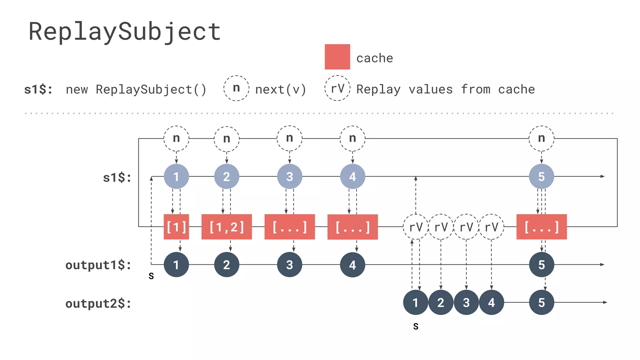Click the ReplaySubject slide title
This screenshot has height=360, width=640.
point(125,32)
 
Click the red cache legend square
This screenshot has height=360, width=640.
point(337,57)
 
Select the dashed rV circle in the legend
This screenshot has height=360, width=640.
point(337,88)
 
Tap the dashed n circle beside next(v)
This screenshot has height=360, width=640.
point(236,88)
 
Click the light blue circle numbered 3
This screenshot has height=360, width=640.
point(289,177)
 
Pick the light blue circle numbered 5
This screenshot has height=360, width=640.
point(541,177)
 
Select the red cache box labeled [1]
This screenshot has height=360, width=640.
point(176,227)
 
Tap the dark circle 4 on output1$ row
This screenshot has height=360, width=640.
point(352,265)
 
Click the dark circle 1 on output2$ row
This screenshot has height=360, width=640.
point(415,302)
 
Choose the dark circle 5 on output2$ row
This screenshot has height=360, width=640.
point(541,302)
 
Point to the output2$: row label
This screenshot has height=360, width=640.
point(98,303)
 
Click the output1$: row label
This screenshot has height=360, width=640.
point(98,265)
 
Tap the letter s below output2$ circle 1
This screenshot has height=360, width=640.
point(416,327)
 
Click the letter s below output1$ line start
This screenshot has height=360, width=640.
point(151,276)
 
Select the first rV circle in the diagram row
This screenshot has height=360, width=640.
point(416,227)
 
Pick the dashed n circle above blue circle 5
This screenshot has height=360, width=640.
point(541,138)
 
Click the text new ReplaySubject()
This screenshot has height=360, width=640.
point(136,90)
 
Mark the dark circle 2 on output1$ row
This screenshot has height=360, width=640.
point(227,265)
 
